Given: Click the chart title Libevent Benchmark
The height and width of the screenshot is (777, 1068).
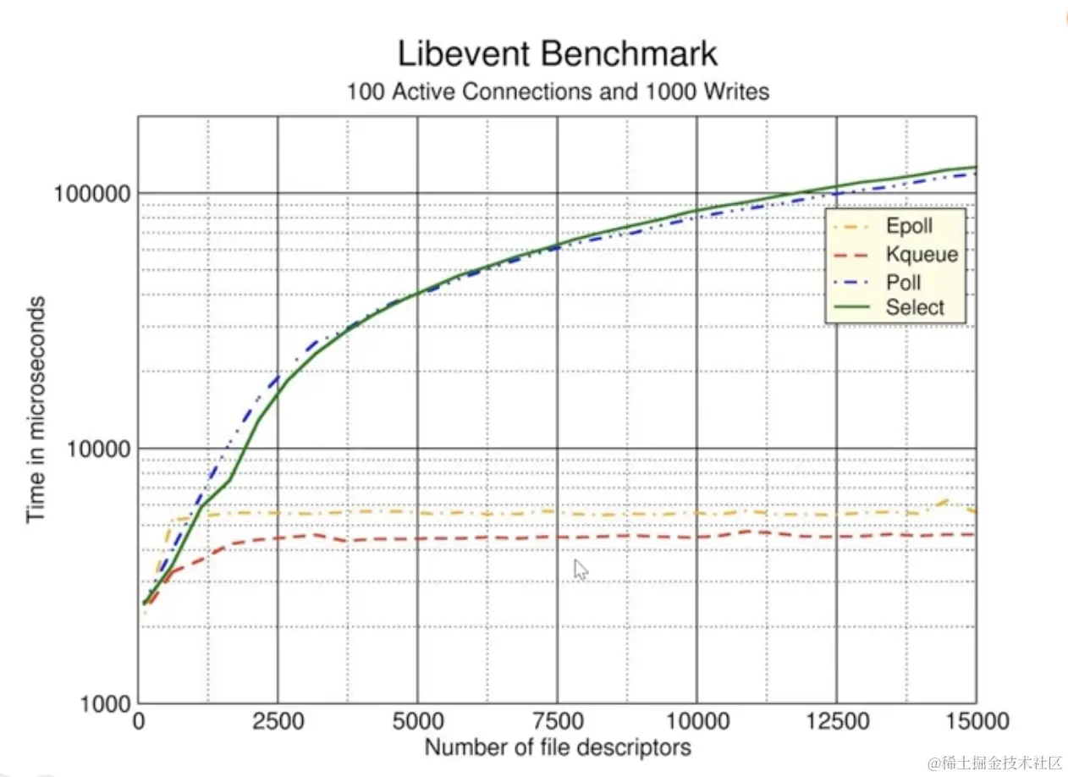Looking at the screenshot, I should [557, 54].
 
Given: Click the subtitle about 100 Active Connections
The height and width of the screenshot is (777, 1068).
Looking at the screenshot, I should [558, 91].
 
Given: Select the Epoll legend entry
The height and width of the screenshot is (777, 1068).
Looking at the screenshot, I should [909, 227].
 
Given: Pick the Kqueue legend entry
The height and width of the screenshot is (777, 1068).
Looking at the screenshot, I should [922, 254].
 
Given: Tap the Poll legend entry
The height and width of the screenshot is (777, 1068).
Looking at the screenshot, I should [903, 281].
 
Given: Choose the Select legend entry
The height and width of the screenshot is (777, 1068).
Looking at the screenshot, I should [914, 307].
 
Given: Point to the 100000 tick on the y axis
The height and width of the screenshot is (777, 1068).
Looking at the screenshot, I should [92, 193].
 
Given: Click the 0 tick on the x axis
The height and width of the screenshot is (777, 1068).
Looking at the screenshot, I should [139, 721].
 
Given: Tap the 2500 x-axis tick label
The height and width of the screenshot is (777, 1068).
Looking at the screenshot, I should [278, 721].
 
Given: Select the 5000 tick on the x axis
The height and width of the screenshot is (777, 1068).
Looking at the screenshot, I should [418, 721].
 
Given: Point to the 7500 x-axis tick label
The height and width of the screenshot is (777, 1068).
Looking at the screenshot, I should [557, 721].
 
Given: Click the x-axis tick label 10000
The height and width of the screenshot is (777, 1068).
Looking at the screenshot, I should [696, 721].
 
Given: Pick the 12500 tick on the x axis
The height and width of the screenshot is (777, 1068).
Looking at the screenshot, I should [836, 721].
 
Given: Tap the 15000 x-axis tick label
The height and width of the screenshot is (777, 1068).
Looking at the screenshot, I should [975, 721].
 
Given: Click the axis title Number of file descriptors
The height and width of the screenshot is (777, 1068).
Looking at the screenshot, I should [557, 747].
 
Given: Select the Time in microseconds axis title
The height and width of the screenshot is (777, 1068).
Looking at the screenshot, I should [36, 411].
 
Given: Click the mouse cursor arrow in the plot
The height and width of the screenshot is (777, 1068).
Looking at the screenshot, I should [581, 570].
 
